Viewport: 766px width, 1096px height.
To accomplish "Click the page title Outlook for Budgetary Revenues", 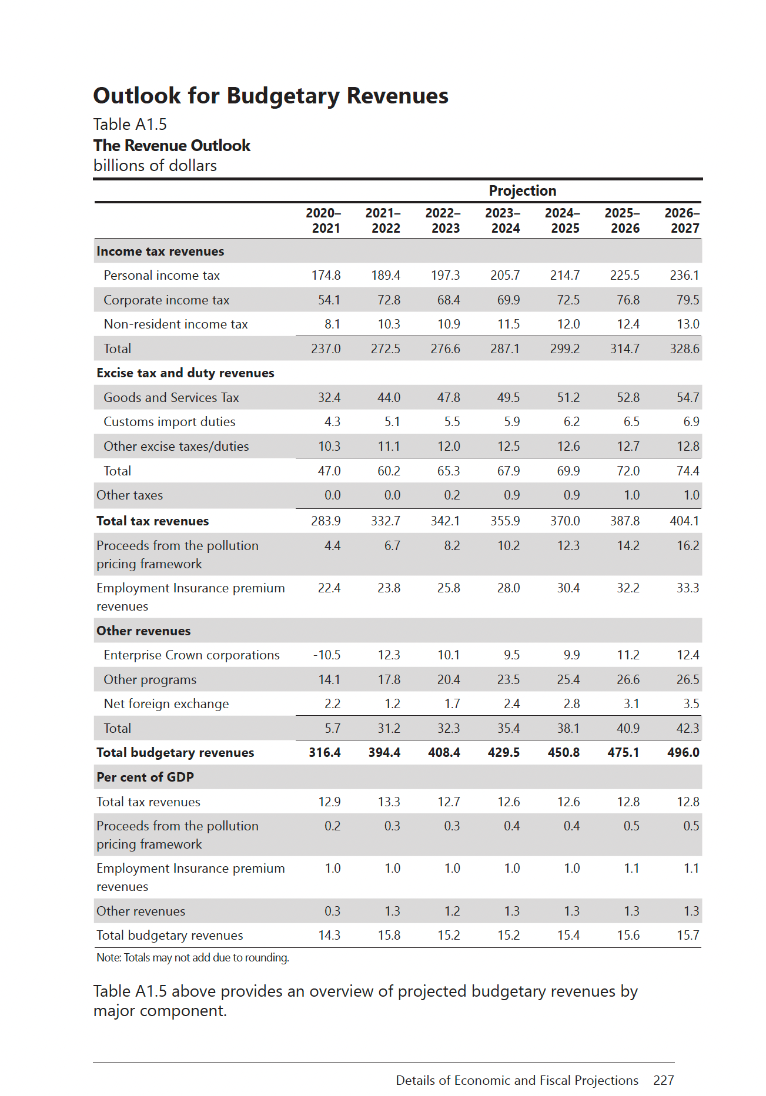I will pyautogui.click(x=270, y=96).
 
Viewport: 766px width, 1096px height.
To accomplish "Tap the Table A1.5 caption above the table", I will pyautogui.click(x=130, y=125).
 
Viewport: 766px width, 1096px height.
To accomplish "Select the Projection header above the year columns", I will pyautogui.click(x=522, y=191).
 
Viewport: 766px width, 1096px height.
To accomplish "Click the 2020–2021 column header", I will pyautogui.click(x=324, y=220).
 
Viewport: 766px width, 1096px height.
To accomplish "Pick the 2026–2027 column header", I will pyautogui.click(x=683, y=220).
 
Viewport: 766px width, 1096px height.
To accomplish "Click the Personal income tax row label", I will pyautogui.click(x=162, y=276).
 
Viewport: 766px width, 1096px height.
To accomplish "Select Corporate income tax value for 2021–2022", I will pyautogui.click(x=389, y=300).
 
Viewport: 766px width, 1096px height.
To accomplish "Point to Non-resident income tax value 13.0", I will pyautogui.click(x=688, y=324).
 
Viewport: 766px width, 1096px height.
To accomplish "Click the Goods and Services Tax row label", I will pyautogui.click(x=171, y=398).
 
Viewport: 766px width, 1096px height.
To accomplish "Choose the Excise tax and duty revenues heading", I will pyautogui.click(x=185, y=373).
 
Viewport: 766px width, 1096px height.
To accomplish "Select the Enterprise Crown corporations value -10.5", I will pyautogui.click(x=327, y=655).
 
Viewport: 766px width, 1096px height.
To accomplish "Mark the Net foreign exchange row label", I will pyautogui.click(x=166, y=704).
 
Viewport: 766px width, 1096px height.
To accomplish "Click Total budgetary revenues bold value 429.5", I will pyautogui.click(x=504, y=753).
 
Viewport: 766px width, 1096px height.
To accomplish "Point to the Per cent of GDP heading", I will pyautogui.click(x=145, y=777).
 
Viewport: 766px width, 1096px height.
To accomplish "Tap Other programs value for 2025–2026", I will pyautogui.click(x=628, y=680).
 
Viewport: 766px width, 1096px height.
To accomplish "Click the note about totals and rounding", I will pyautogui.click(x=193, y=958).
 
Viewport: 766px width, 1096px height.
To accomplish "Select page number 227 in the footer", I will pyautogui.click(x=663, y=1080).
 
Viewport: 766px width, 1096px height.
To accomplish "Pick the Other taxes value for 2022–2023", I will pyautogui.click(x=451, y=495).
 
